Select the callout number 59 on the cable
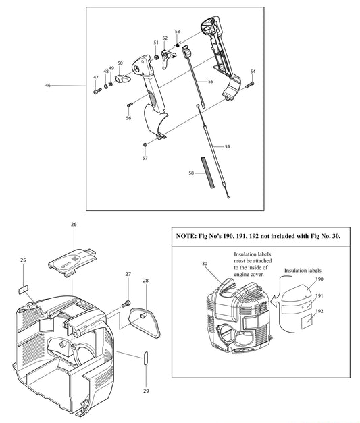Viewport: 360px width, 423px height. point(227,146)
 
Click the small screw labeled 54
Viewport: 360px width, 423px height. point(249,84)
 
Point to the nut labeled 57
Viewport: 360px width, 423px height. point(145,145)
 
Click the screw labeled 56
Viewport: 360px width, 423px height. point(128,104)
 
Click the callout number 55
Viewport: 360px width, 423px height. point(210,81)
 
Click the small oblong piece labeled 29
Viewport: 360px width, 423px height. point(145,358)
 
